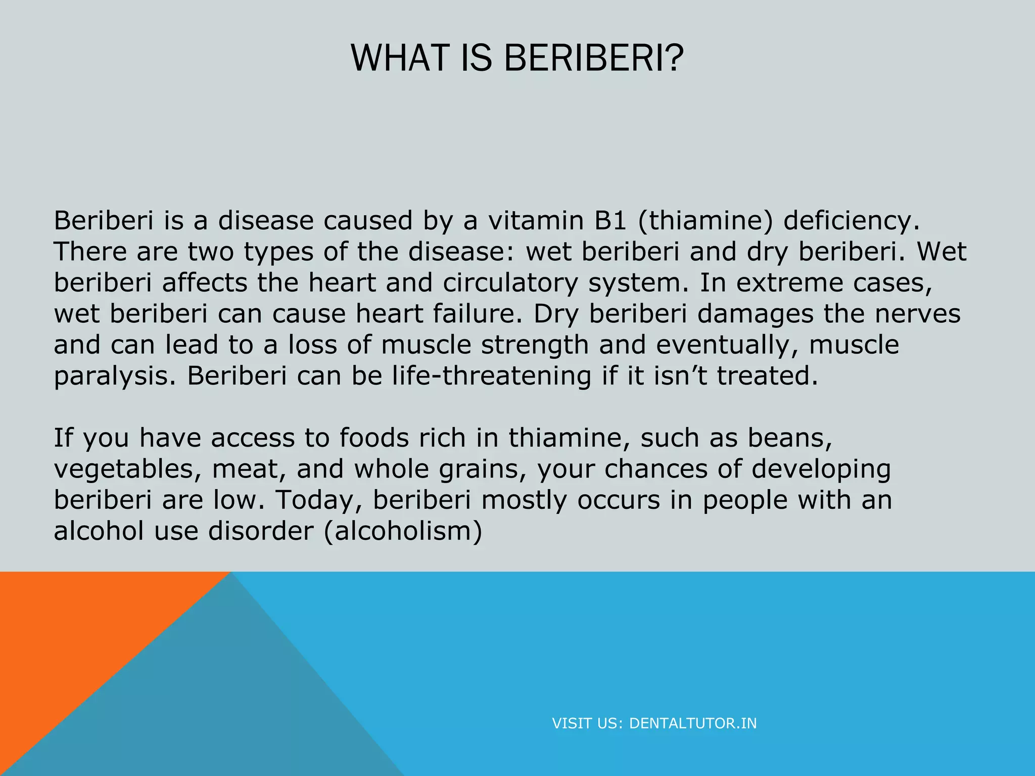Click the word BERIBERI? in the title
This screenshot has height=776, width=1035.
[593, 58]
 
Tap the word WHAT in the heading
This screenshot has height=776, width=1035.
[399, 58]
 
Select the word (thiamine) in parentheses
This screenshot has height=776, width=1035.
[705, 221]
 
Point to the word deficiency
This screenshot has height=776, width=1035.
[852, 221]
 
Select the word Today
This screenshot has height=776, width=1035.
[319, 500]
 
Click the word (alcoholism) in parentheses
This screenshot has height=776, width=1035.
[403, 531]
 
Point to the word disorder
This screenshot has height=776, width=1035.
[261, 531]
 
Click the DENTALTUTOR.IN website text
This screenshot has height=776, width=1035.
[693, 723]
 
